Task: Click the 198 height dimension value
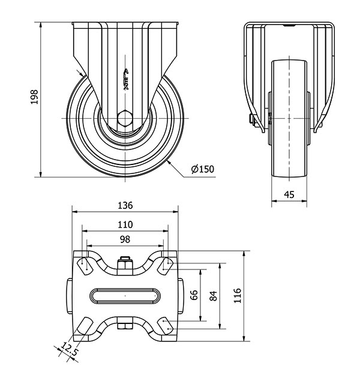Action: pyautogui.click(x=34, y=99)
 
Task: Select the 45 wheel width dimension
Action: pyautogui.click(x=289, y=194)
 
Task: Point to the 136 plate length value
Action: pyautogui.click(x=125, y=205)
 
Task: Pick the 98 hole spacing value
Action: pyautogui.click(x=125, y=239)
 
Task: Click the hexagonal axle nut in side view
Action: pyautogui.click(x=125, y=118)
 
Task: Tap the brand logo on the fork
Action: pyautogui.click(x=126, y=78)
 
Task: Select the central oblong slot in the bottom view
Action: pyautogui.click(x=125, y=296)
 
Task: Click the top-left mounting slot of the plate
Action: pyautogui.click(x=85, y=264)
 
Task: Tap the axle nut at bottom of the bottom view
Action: pyautogui.click(x=125, y=327)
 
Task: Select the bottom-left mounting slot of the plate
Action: pyautogui.click(x=84, y=328)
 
